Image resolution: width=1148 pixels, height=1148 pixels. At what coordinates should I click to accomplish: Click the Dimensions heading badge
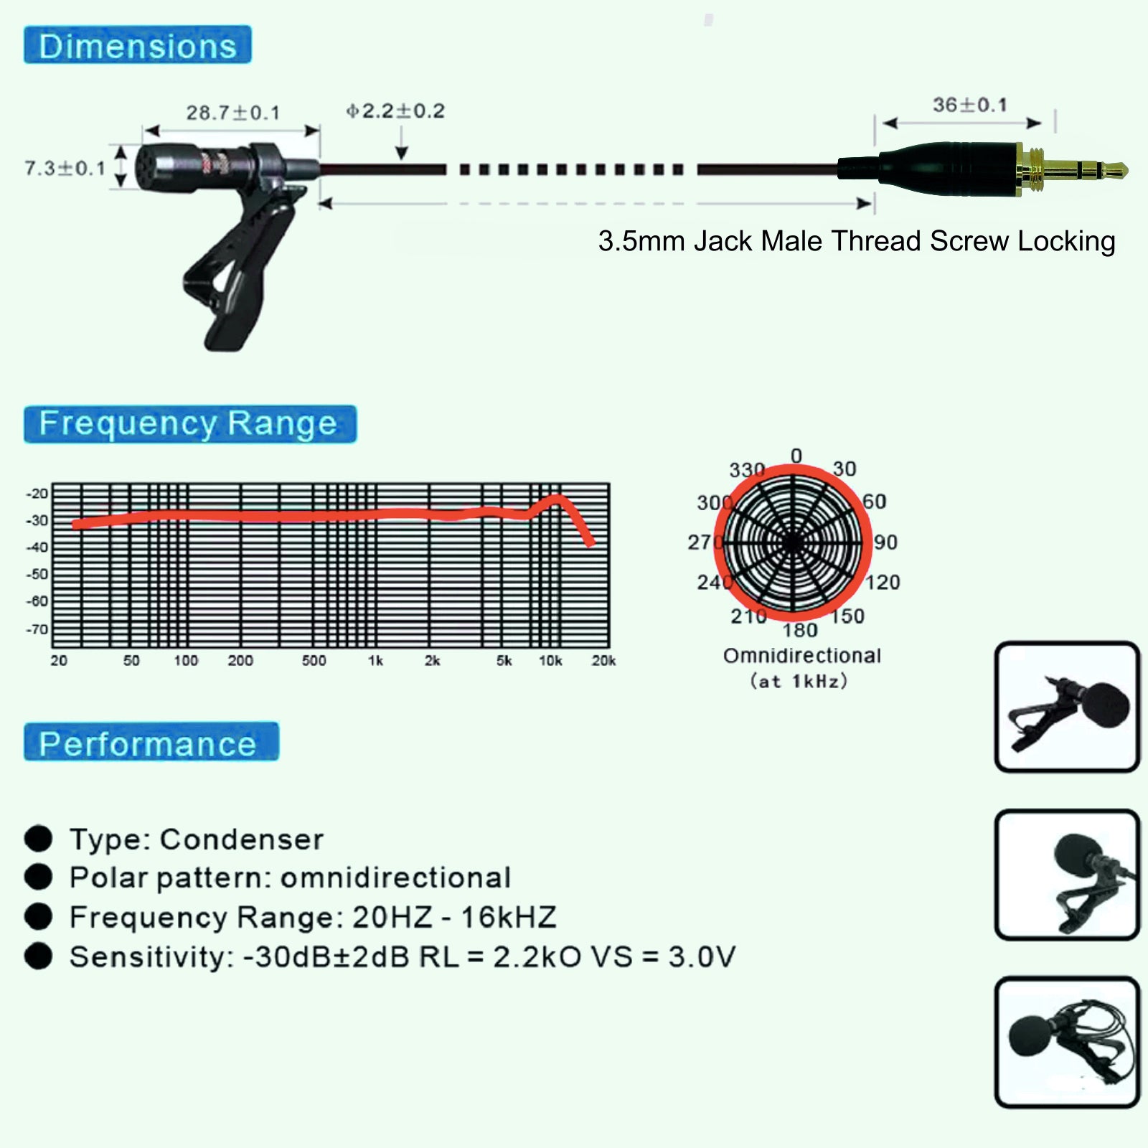pyautogui.click(x=138, y=44)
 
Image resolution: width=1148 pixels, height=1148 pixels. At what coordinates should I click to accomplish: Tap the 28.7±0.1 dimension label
pyautogui.click(x=233, y=113)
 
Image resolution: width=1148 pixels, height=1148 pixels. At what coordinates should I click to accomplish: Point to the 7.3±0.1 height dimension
pyautogui.click(x=65, y=169)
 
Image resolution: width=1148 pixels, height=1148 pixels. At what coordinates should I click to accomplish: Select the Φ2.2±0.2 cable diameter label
pyautogui.click(x=395, y=111)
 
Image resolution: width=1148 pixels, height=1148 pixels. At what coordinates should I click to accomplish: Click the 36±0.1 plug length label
pyautogui.click(x=970, y=105)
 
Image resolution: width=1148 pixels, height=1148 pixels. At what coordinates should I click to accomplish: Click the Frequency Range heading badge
pyautogui.click(x=190, y=424)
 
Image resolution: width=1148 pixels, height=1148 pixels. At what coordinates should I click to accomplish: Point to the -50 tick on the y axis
pyautogui.click(x=37, y=574)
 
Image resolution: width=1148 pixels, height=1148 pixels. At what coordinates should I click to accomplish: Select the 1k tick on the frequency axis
pyautogui.click(x=375, y=661)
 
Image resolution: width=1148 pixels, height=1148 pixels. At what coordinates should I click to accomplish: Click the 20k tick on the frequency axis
pyautogui.click(x=603, y=661)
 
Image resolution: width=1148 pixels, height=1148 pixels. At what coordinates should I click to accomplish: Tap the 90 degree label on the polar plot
pyautogui.click(x=886, y=542)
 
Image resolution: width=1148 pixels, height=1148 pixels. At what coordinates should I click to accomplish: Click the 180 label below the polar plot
pyautogui.click(x=800, y=630)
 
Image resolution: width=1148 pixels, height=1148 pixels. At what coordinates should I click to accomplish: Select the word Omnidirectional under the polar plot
pyautogui.click(x=802, y=656)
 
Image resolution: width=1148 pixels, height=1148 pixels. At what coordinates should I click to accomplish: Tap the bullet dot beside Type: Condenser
pyautogui.click(x=39, y=838)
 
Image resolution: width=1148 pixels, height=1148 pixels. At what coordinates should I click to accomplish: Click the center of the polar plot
pyautogui.click(x=793, y=543)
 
